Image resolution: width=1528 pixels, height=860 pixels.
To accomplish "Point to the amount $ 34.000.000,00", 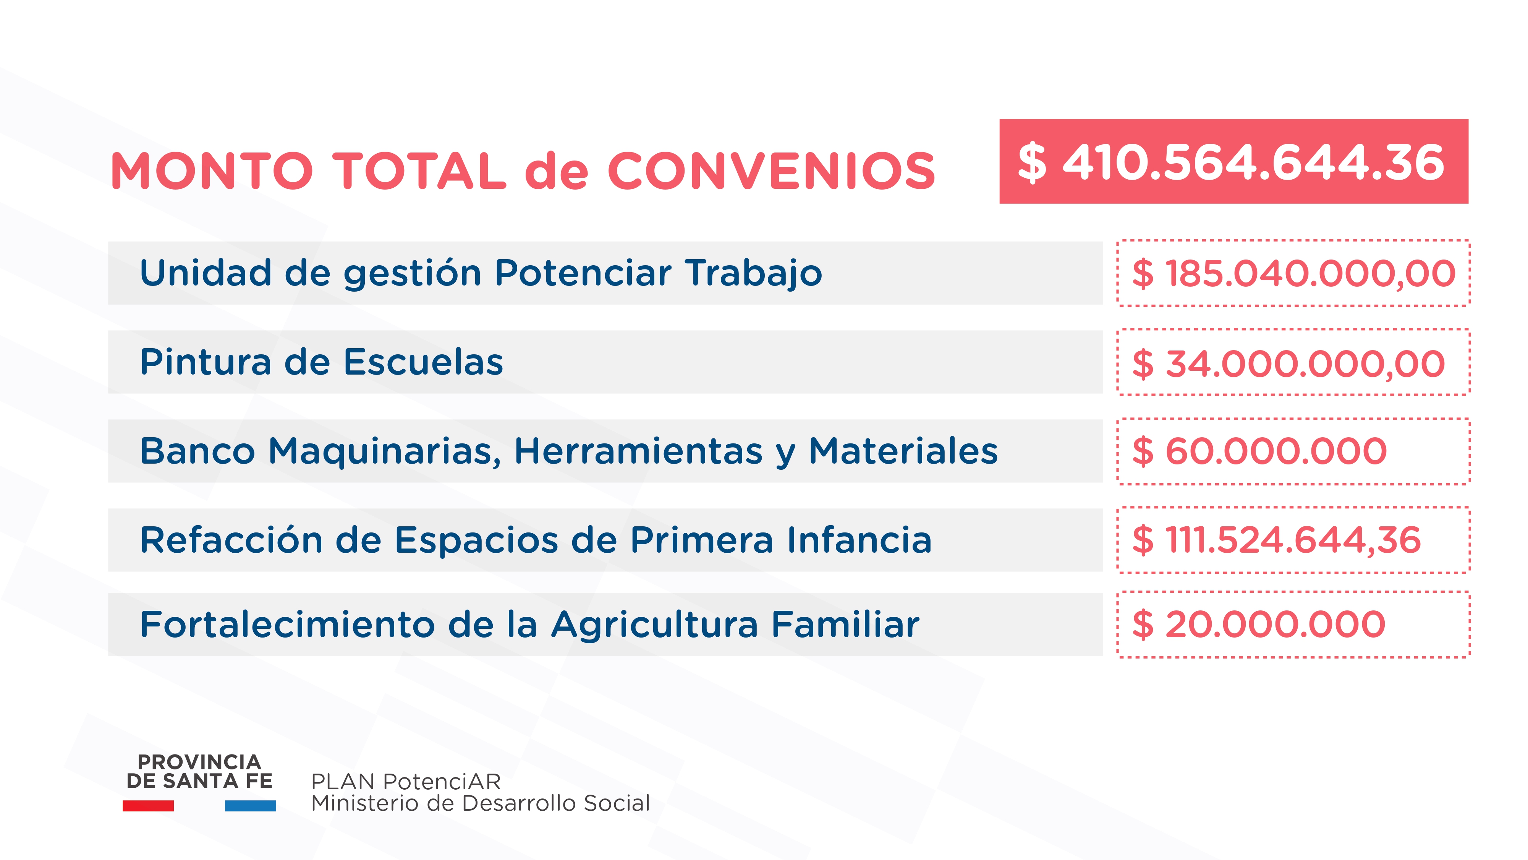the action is pos(1288,363).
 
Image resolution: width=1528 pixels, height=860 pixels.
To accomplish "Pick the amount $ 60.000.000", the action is pos(1259,451).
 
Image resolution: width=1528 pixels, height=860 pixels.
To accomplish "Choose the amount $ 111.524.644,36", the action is pos(1277,540).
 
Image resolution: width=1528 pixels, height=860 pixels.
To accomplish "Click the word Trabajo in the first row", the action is pos(753,274).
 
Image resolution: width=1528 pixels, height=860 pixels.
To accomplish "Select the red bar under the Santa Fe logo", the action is pos(148,805).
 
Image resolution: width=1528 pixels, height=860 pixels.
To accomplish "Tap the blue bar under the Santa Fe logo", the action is pos(250,805).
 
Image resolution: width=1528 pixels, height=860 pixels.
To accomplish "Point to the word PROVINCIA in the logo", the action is pos(199,762).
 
